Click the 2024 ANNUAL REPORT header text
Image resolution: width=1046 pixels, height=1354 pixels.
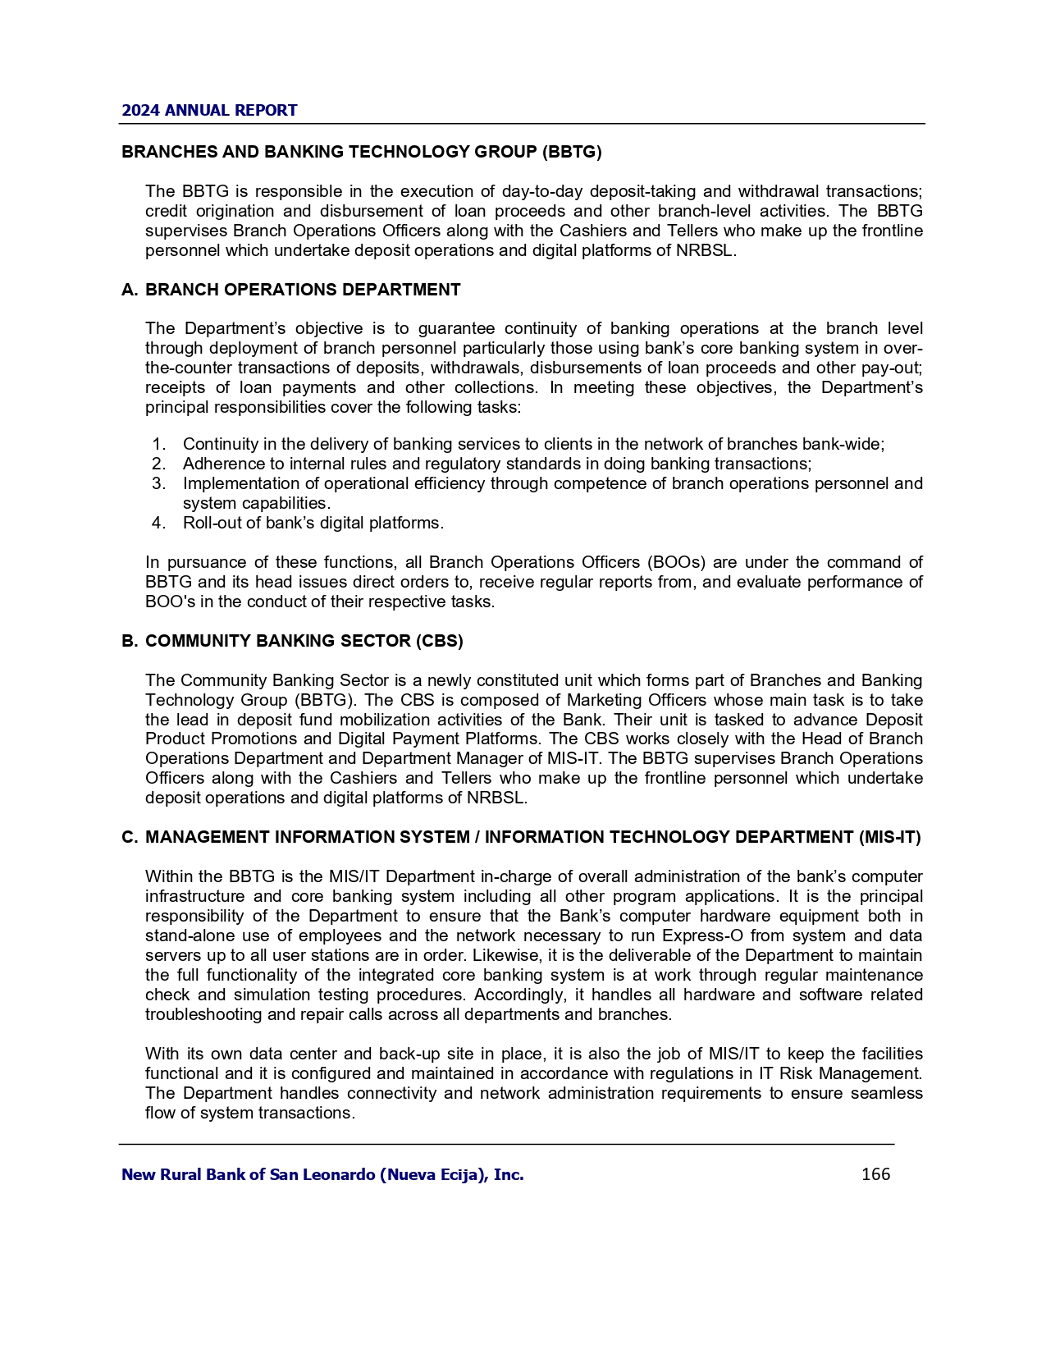[209, 111]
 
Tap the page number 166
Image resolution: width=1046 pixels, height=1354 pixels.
[875, 1174]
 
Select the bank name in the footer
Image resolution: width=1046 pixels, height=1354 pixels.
[322, 1175]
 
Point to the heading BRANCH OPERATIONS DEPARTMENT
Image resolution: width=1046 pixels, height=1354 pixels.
[303, 290]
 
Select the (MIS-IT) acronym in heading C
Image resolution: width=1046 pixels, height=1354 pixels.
[889, 838]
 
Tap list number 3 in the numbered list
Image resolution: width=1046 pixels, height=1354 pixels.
[159, 483]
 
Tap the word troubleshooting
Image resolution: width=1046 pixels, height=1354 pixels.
[206, 1015]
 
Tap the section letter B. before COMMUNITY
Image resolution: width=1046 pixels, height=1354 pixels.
[129, 641]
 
